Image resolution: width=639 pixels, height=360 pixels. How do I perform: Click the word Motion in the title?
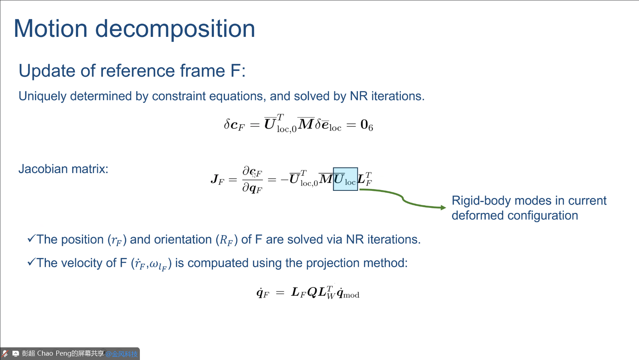(51, 29)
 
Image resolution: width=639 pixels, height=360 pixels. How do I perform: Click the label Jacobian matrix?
(63, 169)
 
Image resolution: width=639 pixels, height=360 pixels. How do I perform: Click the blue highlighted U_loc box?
(345, 179)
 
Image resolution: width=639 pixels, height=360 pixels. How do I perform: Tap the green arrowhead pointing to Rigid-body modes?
(443, 207)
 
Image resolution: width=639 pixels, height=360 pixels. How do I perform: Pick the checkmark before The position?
(31, 238)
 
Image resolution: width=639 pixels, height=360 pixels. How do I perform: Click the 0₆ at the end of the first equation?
(366, 125)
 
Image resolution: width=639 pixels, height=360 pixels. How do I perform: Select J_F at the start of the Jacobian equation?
(217, 179)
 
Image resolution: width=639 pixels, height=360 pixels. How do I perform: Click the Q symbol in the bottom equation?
(312, 292)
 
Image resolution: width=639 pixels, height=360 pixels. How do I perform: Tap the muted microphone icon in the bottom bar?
(5, 353)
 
